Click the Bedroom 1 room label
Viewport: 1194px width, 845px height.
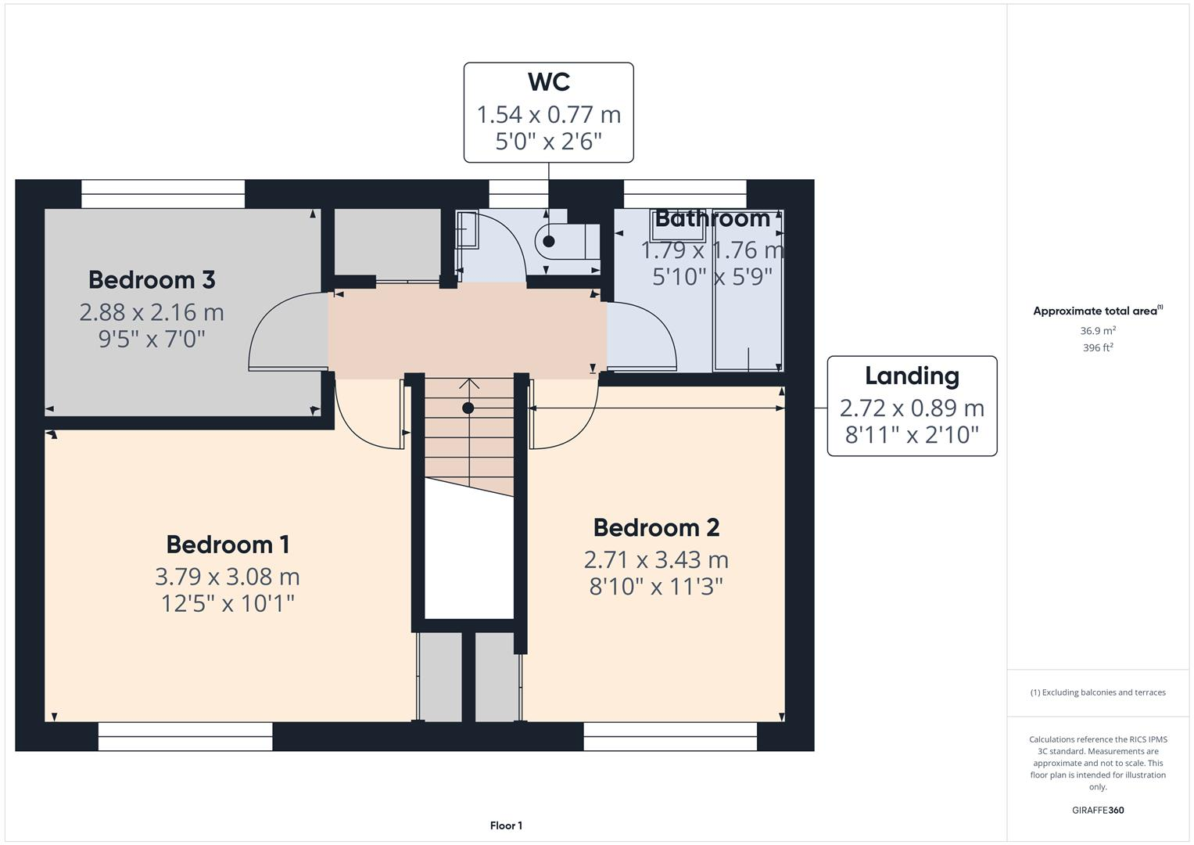[228, 544]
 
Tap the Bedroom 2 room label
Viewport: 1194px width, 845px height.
[656, 527]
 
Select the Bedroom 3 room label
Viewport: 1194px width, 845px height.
[152, 279]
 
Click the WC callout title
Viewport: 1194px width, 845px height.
[548, 82]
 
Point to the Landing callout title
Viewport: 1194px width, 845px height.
[912, 376]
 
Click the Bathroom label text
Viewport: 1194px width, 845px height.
[712, 218]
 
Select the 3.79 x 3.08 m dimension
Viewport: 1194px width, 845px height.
[228, 577]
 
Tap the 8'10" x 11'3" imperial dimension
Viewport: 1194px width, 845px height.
[656, 587]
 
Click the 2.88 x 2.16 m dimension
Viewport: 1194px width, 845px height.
[152, 312]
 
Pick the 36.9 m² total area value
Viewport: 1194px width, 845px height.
[1098, 331]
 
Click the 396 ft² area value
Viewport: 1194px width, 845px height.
[1098, 348]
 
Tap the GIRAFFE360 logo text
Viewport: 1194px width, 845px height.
[1098, 810]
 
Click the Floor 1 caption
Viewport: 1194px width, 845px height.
[506, 825]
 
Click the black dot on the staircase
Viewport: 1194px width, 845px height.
[468, 408]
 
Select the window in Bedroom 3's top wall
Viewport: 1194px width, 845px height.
[163, 194]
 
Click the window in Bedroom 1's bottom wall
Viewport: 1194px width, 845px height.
[185, 736]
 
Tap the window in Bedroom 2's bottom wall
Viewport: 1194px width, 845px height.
[670, 736]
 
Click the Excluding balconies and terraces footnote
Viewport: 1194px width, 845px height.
[1098, 692]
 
